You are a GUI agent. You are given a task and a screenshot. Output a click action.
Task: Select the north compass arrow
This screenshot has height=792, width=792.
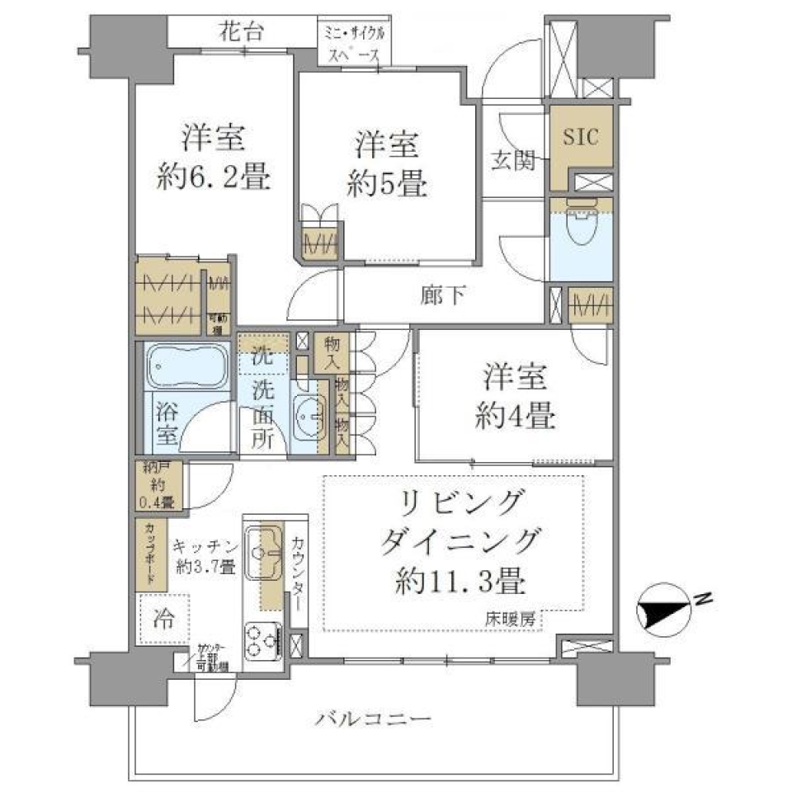(665, 611)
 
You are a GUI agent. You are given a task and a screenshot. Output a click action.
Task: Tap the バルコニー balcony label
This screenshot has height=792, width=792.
(373, 720)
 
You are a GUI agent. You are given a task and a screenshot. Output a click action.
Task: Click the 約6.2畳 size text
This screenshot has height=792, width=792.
(214, 178)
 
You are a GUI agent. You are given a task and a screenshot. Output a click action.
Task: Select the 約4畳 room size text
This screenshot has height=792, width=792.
(515, 416)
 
